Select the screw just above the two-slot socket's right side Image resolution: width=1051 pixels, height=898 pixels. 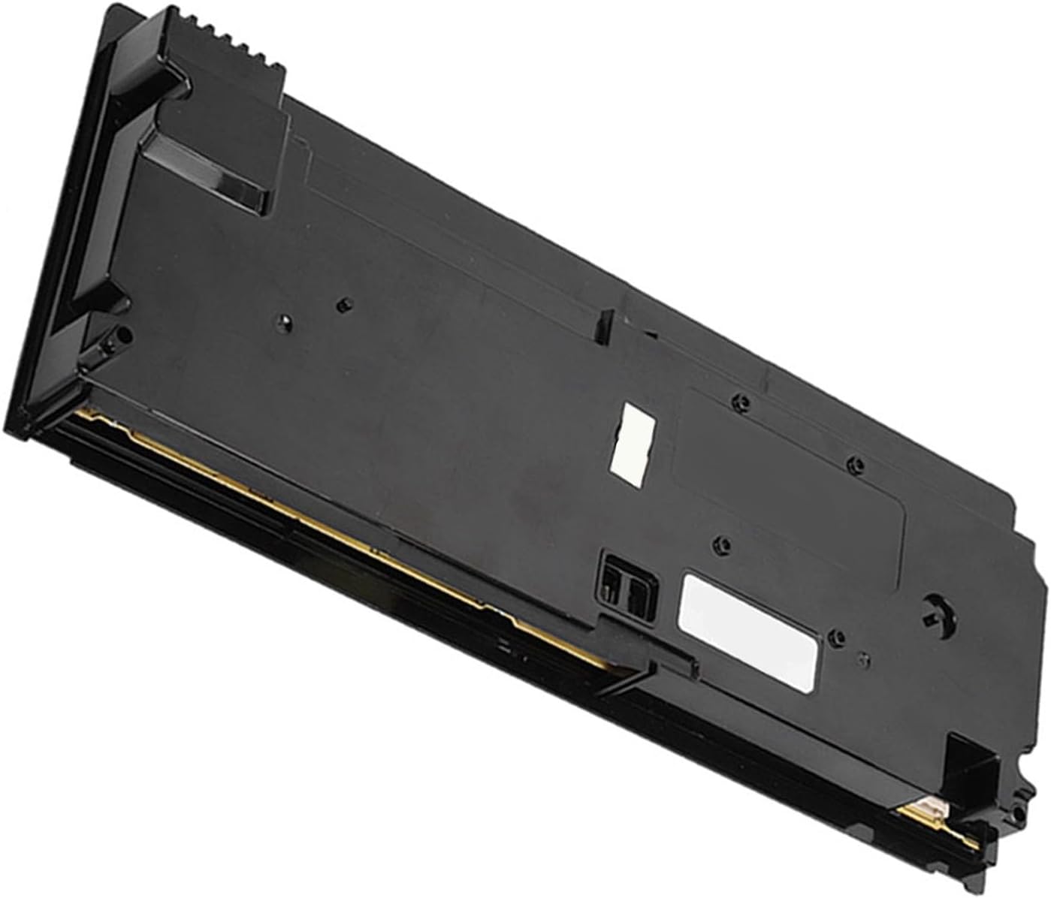click(722, 543)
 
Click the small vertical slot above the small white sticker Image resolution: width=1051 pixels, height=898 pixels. click(600, 324)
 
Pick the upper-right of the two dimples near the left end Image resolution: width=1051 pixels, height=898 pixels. click(343, 304)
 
